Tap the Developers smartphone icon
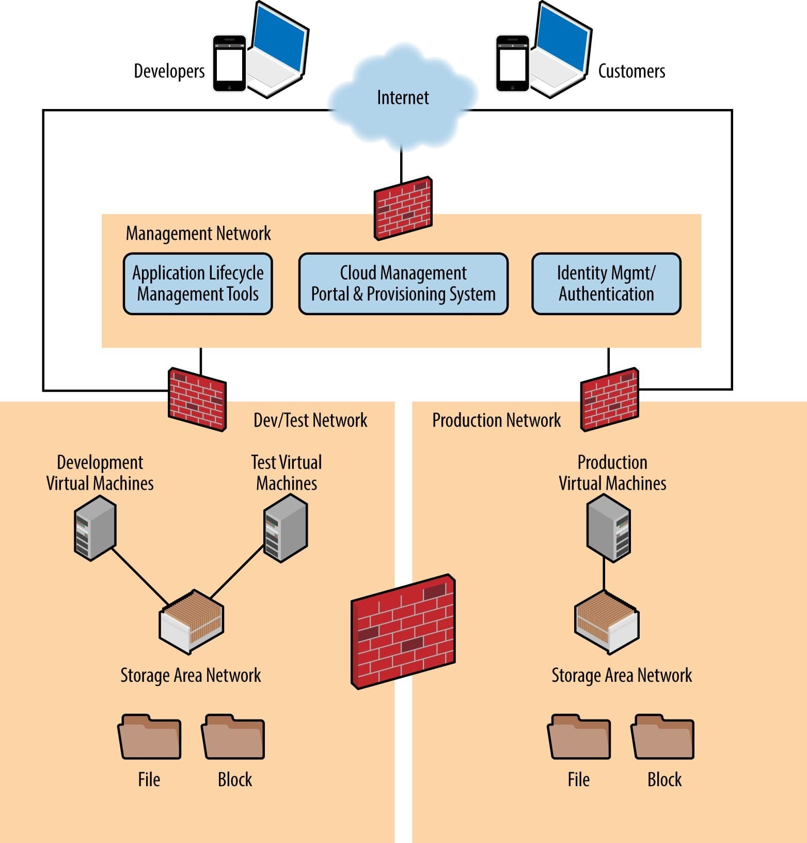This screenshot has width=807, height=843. pos(230,64)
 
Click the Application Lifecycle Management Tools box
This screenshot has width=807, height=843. pos(198,284)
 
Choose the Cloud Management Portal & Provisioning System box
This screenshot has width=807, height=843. pos(403,284)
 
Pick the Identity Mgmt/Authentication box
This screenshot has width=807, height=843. pos(606,284)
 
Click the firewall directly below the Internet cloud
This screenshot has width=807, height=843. pos(403,209)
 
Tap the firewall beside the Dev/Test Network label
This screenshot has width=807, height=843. pos(197,399)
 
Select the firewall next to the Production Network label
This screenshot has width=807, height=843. pos(610,399)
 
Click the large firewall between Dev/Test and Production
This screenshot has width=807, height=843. pos(403,631)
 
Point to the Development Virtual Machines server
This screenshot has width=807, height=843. pos(95,527)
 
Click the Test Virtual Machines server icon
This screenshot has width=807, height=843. pos(286,527)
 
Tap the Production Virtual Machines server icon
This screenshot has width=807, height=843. pos(609,527)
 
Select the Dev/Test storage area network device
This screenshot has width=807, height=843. pos(192,622)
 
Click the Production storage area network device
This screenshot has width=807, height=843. pos(607,622)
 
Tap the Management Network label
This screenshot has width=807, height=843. pos(198,233)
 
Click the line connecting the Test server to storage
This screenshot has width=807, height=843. pos(237,572)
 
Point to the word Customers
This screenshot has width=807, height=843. pos(631,71)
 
